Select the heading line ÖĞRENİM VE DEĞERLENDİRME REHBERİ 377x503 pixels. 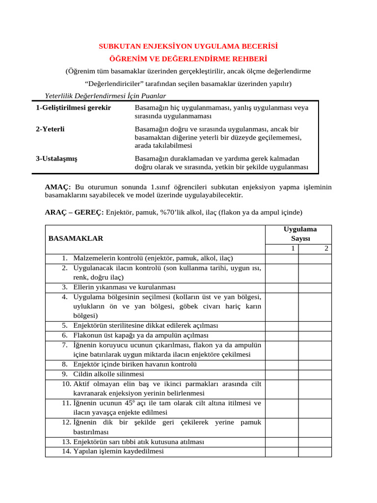188,59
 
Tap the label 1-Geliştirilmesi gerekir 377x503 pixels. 73,108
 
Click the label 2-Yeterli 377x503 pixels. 51,129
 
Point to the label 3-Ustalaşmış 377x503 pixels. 56,159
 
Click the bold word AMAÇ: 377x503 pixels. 58,187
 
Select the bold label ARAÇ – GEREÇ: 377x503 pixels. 74,213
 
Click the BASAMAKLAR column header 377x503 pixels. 76,238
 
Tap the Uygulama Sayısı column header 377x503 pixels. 299,233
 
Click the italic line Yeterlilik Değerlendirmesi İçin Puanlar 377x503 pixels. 105,96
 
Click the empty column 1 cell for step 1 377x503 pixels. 282,258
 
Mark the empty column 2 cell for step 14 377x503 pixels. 315,451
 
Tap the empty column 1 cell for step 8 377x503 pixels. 282,364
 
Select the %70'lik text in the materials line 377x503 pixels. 161,213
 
